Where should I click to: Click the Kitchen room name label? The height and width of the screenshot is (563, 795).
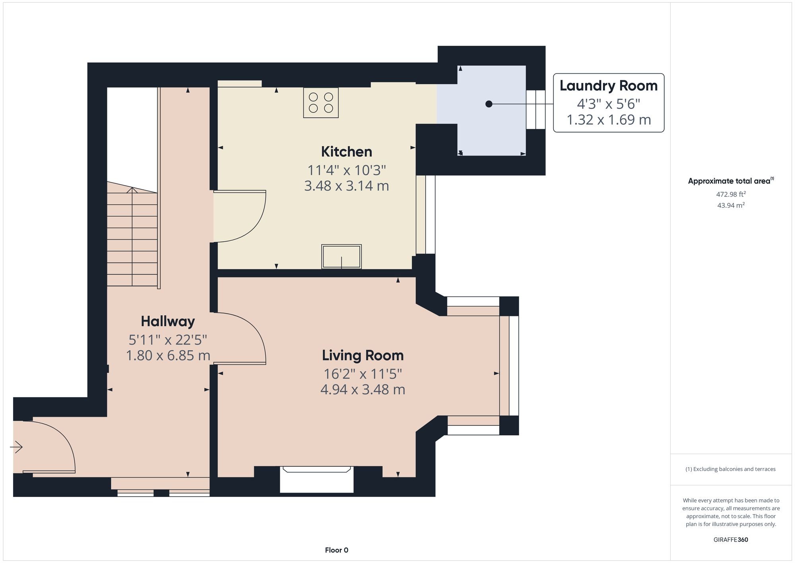[x=347, y=152]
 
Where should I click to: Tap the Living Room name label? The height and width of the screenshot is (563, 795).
[x=363, y=355]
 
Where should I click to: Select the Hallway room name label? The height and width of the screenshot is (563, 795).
[x=168, y=321]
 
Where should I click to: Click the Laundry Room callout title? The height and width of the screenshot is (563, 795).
[x=609, y=86]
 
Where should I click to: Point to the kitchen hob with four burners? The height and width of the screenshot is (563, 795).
[x=321, y=103]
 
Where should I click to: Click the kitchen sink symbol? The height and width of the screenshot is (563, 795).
[x=341, y=257]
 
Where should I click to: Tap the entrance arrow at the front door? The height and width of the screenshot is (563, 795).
[x=16, y=447]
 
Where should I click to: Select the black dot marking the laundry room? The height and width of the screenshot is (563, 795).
[x=489, y=104]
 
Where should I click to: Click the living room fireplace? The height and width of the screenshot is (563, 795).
[x=317, y=479]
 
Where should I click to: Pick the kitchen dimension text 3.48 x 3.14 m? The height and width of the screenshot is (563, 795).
[x=347, y=186]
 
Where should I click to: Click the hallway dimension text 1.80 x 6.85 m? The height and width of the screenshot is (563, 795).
[x=168, y=355]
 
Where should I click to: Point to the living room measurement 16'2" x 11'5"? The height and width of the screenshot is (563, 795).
[x=363, y=374]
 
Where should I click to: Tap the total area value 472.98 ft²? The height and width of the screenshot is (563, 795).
[x=731, y=194]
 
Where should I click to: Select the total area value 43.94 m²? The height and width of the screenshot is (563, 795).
[x=731, y=205]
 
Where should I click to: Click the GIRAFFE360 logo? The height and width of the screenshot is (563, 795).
[x=731, y=540]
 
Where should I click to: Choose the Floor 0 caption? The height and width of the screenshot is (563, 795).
[x=337, y=550]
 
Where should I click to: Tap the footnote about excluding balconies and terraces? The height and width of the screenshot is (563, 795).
[x=731, y=469]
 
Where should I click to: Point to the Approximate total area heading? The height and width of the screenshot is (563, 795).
[x=731, y=181]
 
